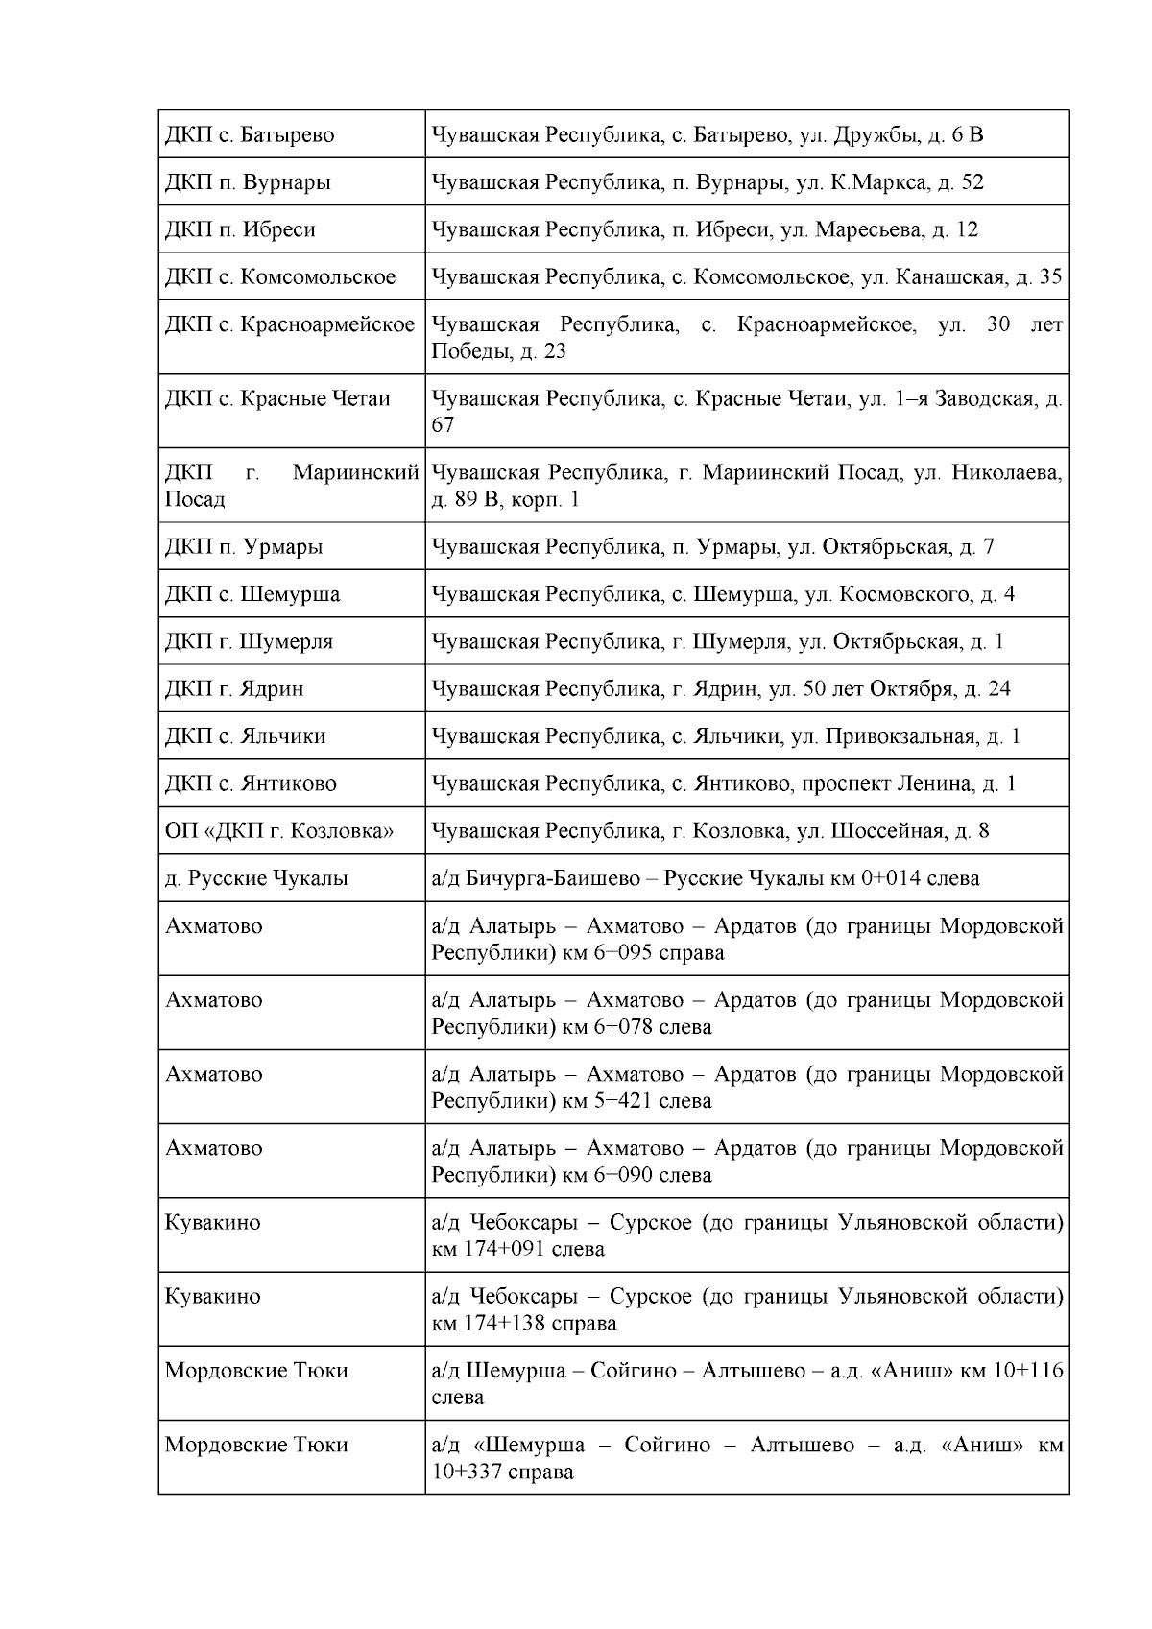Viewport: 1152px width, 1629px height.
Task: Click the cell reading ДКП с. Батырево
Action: coord(250,135)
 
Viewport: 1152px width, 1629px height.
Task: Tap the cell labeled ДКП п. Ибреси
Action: coord(240,230)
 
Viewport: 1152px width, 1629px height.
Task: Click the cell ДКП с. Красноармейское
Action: coord(289,325)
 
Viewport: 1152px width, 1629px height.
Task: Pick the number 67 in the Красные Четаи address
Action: coord(443,425)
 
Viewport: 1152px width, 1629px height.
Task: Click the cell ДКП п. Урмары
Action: coord(244,547)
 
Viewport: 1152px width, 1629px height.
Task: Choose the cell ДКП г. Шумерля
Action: coord(249,641)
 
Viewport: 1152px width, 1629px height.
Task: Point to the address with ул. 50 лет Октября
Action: coord(721,689)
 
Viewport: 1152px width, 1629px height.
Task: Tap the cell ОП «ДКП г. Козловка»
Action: coord(279,831)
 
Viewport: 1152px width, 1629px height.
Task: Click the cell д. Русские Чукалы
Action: coord(256,878)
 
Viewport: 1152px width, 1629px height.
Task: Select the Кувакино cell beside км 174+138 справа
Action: coord(213,1297)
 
